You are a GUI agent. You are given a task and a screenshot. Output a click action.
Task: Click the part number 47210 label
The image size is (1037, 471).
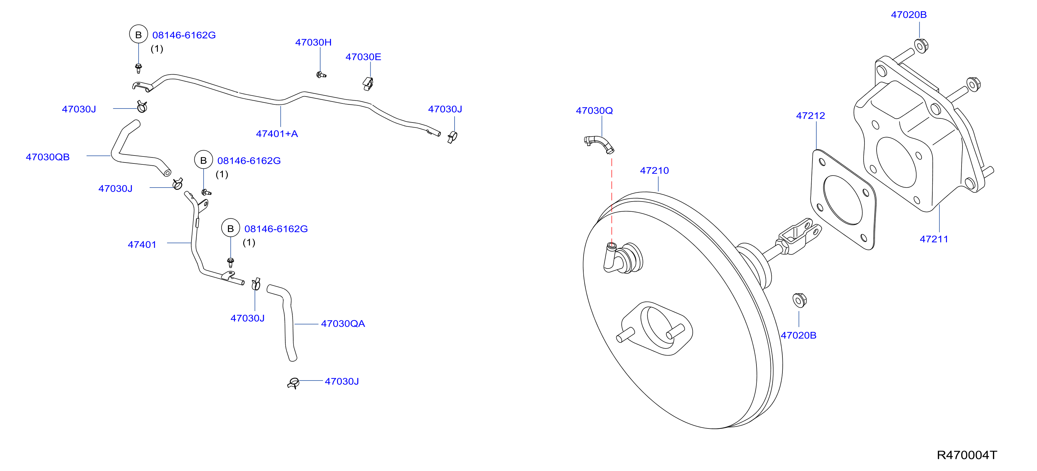654,170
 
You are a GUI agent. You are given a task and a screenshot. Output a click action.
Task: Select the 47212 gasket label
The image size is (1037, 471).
810,116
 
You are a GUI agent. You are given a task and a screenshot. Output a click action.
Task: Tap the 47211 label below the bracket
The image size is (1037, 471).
934,239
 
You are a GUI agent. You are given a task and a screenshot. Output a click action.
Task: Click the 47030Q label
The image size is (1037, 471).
594,110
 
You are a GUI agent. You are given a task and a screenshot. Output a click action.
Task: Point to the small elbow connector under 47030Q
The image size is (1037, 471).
599,144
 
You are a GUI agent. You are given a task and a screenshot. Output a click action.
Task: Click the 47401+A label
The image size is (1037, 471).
277,134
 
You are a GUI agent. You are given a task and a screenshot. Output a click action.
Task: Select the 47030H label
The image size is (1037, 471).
313,42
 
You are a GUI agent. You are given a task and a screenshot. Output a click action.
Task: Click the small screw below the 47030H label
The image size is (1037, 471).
321,75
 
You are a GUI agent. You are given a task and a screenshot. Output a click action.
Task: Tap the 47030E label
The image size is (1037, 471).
363,57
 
